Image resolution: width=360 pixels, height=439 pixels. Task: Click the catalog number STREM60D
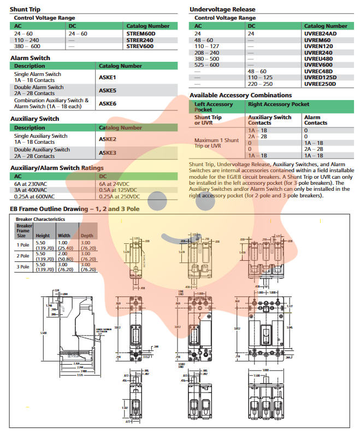point(141,33)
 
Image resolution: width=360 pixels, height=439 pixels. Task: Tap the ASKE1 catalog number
point(108,77)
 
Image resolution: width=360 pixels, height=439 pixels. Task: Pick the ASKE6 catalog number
point(108,103)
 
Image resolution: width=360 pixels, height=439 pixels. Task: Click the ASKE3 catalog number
point(108,153)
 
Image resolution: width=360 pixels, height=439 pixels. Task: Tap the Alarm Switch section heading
point(30,58)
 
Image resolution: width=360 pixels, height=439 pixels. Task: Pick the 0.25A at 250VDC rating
point(119,196)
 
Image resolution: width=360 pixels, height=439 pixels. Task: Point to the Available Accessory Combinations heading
point(240,95)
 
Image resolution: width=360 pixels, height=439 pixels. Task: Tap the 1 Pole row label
point(22,244)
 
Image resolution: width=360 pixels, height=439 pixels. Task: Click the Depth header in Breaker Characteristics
point(87,236)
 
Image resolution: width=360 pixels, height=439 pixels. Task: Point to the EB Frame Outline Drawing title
point(75,209)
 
